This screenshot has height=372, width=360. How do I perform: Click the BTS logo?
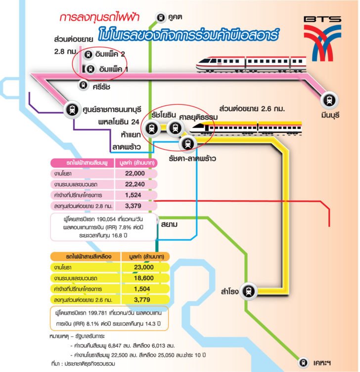coord(322,35)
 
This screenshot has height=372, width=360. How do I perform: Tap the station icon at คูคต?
coord(161,17)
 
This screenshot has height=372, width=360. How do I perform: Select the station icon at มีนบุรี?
coord(328,100)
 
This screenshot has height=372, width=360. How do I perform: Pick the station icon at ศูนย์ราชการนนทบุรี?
coord(73,109)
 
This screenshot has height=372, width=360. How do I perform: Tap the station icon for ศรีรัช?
coord(83,85)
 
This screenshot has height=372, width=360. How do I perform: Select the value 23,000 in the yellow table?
coord(143,267)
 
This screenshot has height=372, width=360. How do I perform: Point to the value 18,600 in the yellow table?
coord(143,278)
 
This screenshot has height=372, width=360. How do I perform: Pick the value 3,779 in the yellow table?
coord(143,299)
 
